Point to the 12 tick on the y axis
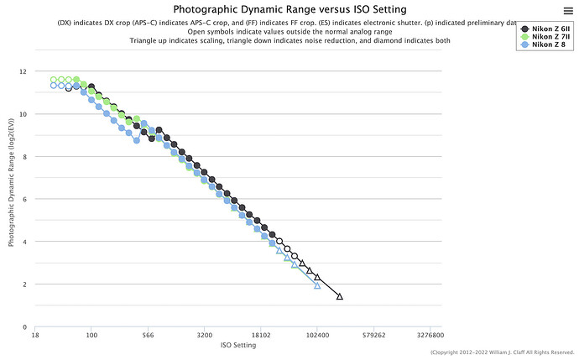click(24, 71)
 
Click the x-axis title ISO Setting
click(238, 345)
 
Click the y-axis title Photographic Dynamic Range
click(12, 199)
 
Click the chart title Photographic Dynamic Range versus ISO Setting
click(289, 9)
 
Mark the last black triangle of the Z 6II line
click(340, 296)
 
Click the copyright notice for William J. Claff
click(502, 352)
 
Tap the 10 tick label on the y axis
click(24, 114)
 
